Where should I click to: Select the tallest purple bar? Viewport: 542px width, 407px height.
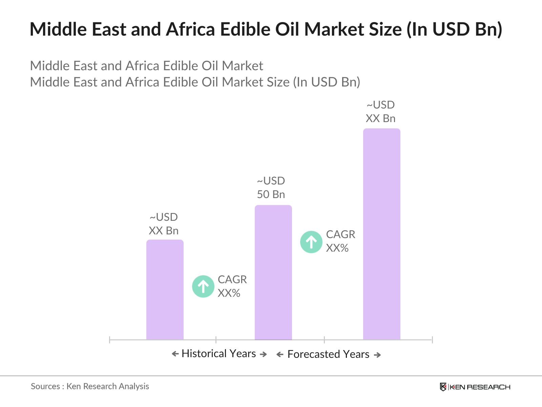(381, 234)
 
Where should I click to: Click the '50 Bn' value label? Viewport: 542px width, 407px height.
(271, 194)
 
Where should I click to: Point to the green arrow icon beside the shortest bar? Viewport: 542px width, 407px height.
(203, 286)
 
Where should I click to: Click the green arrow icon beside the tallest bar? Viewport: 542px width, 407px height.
(311, 242)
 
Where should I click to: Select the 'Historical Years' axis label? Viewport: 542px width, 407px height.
(219, 353)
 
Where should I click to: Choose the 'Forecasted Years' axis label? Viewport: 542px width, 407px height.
(328, 354)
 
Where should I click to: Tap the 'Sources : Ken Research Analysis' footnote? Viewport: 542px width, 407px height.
(90, 386)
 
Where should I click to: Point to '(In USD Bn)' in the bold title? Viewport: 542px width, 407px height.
(454, 29)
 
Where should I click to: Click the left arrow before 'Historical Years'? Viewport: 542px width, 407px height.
(175, 354)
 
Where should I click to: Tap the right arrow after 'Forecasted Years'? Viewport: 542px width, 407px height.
(377, 355)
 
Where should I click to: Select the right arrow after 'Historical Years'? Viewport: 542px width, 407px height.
(263, 354)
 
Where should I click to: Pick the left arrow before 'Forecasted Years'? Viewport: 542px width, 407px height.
(280, 355)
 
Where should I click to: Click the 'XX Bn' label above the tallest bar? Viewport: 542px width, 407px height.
(380, 118)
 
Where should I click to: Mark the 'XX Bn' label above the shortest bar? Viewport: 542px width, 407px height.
(164, 231)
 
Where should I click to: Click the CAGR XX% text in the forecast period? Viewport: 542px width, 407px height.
(340, 241)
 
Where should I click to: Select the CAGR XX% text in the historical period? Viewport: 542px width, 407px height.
(232, 286)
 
